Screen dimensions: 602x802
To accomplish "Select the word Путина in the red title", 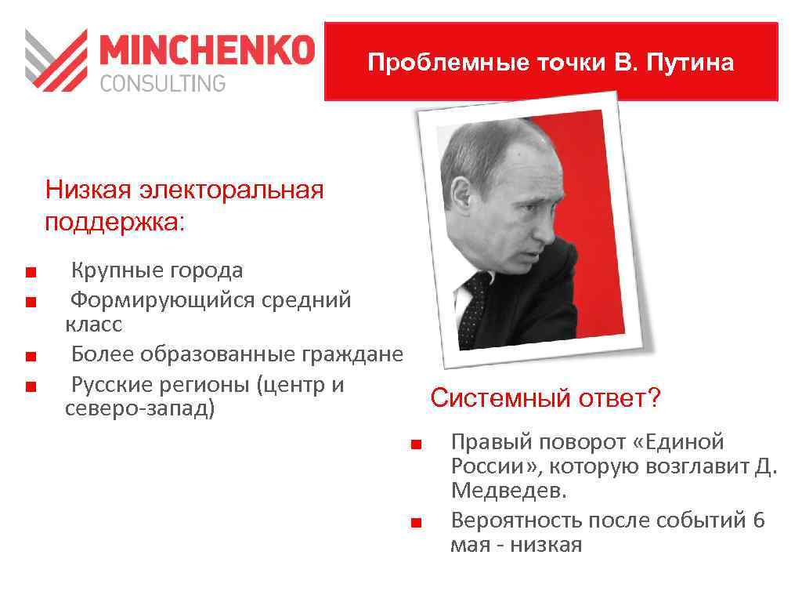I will click(x=695, y=63).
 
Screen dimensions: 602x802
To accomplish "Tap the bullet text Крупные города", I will click(x=157, y=271).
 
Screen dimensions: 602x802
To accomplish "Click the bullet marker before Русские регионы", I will click(x=30, y=386).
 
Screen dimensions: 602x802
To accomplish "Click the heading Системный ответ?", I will click(x=545, y=398).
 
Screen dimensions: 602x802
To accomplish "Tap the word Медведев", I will click(x=508, y=491).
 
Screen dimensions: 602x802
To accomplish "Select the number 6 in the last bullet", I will click(x=758, y=520).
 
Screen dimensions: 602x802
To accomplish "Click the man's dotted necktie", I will click(x=475, y=308).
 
